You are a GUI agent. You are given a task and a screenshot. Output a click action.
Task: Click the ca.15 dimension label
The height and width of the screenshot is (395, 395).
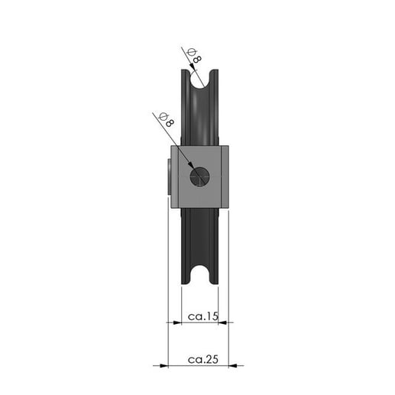[203, 316]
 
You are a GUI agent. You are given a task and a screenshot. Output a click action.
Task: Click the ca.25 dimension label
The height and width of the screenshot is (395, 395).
[203, 359]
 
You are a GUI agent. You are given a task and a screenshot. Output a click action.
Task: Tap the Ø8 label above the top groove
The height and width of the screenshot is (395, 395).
[194, 56]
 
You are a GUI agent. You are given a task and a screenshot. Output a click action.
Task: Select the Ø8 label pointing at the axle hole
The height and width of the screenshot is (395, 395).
[167, 120]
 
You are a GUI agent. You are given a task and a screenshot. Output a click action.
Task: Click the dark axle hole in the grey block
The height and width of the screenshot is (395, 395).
[199, 176]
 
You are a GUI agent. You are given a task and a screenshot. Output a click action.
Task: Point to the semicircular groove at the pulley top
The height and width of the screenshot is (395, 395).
[200, 79]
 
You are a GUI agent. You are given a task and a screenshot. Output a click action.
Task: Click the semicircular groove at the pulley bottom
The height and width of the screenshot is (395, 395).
[200, 275]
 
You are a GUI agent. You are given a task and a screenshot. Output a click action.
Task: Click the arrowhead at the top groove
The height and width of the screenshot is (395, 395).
[192, 66]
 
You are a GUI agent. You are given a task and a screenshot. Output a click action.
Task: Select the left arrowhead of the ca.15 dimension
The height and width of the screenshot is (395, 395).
[177, 322]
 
